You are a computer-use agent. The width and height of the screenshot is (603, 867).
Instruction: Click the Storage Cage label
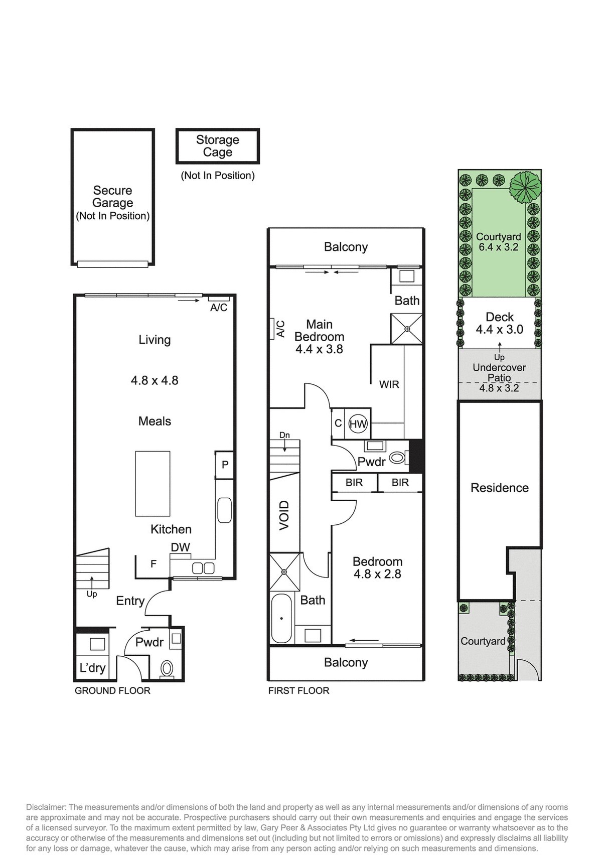click(218, 146)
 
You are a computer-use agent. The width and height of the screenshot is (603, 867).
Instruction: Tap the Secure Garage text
click(113, 197)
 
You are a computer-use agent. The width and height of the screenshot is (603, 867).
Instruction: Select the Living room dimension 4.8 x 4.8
click(155, 380)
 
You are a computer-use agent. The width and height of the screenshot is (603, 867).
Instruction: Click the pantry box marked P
click(225, 465)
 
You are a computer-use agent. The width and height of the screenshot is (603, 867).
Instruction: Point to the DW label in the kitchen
click(181, 547)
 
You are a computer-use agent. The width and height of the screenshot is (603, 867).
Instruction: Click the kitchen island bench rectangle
click(153, 484)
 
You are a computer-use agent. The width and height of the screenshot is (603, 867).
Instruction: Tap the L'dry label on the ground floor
click(93, 668)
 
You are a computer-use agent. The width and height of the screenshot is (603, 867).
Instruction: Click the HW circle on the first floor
click(358, 424)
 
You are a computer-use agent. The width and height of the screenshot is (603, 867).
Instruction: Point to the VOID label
click(284, 515)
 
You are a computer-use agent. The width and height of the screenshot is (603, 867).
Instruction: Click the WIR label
click(389, 384)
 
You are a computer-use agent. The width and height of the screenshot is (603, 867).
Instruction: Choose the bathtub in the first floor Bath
click(281, 618)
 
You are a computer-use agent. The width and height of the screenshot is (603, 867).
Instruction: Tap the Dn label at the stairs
click(284, 435)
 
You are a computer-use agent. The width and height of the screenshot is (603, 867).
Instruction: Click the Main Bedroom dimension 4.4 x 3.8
click(319, 349)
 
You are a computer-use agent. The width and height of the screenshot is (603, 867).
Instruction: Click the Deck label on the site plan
click(500, 317)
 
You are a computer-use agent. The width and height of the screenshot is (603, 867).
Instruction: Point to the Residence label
click(500, 488)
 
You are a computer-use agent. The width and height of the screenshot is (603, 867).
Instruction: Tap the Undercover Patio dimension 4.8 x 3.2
click(499, 388)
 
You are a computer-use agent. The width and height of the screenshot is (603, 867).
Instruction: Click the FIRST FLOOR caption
click(299, 690)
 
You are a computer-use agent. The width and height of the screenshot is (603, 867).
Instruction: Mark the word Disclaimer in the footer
click(46, 807)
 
